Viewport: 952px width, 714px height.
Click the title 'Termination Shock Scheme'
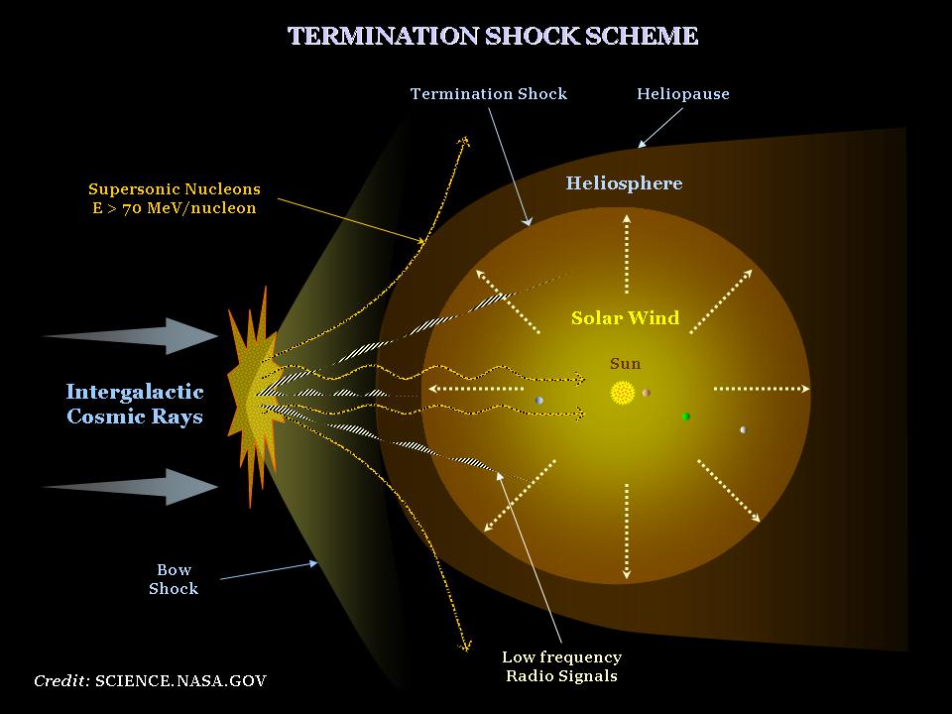[493, 37]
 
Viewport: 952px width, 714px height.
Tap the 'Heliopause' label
[682, 94]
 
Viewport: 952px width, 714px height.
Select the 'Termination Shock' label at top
[489, 94]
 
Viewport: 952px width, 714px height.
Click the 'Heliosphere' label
[624, 183]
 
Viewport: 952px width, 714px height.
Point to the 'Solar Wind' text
[625, 318]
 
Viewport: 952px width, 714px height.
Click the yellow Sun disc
[623, 393]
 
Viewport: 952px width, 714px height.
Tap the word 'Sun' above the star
[625, 364]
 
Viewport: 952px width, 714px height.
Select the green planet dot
[685, 416]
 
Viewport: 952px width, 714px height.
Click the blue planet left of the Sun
[539, 401]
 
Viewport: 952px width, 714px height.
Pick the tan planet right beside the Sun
[646, 393]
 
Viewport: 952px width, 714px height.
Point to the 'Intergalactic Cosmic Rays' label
[135, 404]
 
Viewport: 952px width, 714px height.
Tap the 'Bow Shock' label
[174, 579]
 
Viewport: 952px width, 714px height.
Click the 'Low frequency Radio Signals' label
[561, 666]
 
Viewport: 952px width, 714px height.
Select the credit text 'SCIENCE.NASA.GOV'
[180, 681]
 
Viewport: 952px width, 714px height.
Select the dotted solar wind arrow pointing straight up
[626, 253]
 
